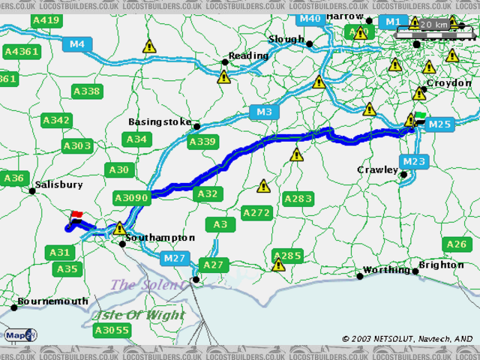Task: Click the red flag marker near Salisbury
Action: tap(76, 216)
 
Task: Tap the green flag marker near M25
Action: tap(420, 116)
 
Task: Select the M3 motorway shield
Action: tap(263, 112)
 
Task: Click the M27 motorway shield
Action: tap(175, 258)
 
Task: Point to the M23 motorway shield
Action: tap(413, 161)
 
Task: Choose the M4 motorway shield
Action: tap(77, 44)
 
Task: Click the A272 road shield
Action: tap(256, 213)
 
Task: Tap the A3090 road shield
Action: tap(131, 197)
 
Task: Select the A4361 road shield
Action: tap(21, 52)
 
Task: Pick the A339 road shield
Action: tap(202, 142)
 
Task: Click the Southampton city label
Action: tap(160, 238)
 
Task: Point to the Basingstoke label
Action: tap(160, 121)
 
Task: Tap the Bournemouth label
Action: tap(52, 301)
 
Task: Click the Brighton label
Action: tap(441, 265)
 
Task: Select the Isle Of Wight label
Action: tap(139, 314)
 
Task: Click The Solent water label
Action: tap(147, 285)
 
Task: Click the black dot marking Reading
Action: tap(224, 62)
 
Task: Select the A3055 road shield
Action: tap(112, 330)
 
